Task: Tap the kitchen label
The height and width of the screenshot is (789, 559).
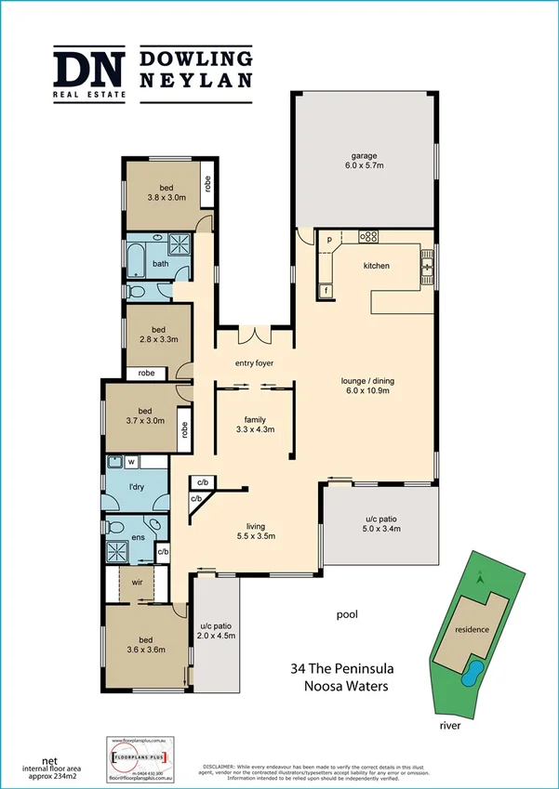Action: pos(377,266)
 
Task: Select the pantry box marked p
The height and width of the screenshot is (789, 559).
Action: pos(329,241)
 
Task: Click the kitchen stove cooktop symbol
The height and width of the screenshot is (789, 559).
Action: pos(368,236)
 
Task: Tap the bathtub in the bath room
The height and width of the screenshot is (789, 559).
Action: pos(136,260)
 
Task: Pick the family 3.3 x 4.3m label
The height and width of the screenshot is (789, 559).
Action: pos(255,424)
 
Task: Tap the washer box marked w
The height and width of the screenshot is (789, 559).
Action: pos(131,461)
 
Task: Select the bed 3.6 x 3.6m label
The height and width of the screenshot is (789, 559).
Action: pos(146,644)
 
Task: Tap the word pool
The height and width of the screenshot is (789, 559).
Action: pos(347,614)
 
